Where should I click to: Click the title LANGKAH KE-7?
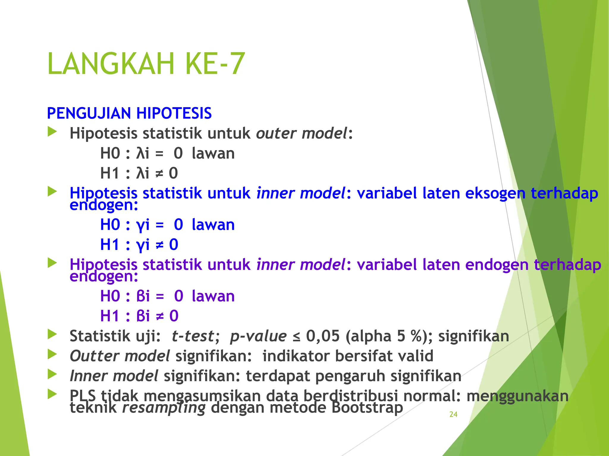146,64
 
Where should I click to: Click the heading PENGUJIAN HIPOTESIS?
129,113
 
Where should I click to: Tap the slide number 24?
453,414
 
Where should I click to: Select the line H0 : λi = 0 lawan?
167,153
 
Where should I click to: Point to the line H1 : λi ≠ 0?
139,173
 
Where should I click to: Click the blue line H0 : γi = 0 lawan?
167,225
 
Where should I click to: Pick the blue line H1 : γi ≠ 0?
139,245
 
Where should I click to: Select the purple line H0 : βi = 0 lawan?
167,296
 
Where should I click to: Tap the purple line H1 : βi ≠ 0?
139,316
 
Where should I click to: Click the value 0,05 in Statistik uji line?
323,336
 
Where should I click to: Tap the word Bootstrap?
367,408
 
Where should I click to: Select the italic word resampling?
164,408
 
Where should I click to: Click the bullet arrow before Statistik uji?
52,335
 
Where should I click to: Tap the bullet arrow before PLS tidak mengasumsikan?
52,394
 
